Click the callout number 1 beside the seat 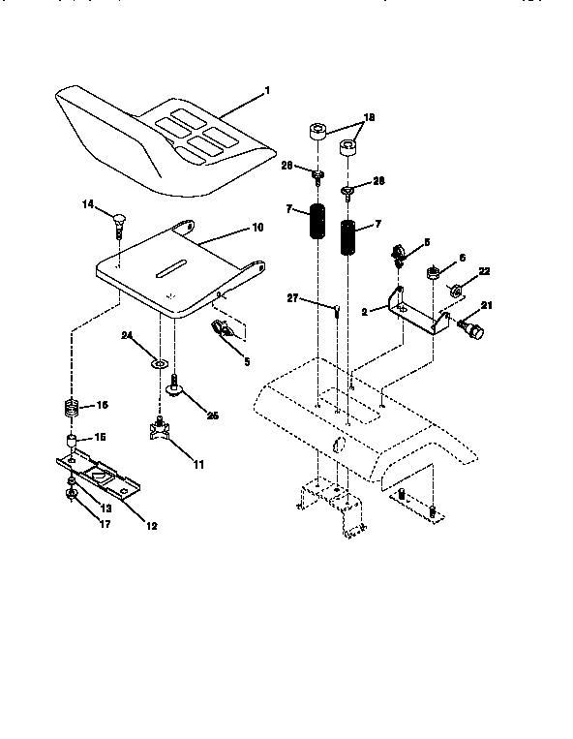tap(267, 91)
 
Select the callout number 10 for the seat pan tap(256, 229)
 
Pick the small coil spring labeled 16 tap(69, 408)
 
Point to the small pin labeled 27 tap(334, 311)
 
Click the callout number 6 tap(463, 258)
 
